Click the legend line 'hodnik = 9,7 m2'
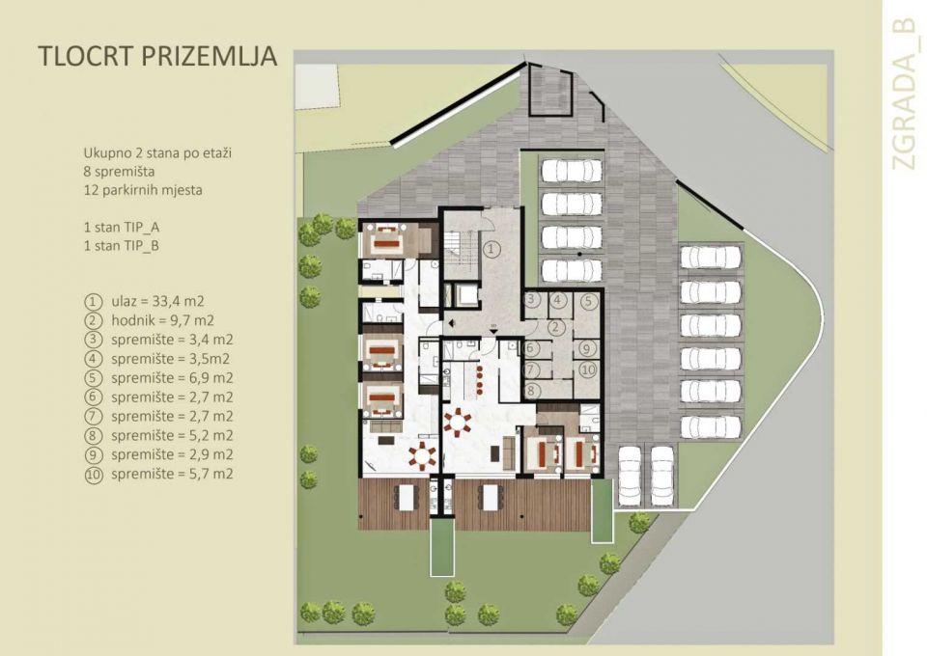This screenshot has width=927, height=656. pos(161,320)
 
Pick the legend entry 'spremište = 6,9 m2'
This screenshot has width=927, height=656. pos(171,377)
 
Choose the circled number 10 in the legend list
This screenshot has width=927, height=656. pos(94,474)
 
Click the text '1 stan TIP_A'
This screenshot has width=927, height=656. pos(123,229)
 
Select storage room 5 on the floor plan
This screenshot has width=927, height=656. pos(588,301)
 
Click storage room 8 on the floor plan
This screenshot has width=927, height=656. pos(530,389)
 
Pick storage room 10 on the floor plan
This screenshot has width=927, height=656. pos(588,369)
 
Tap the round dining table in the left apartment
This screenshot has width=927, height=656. pos(421,455)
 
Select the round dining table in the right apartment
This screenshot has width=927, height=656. pos(457,422)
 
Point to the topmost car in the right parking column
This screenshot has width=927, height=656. pos(711,257)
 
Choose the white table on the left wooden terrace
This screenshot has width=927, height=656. pos(407,498)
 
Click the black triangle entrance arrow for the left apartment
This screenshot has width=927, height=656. pos(446,319)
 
